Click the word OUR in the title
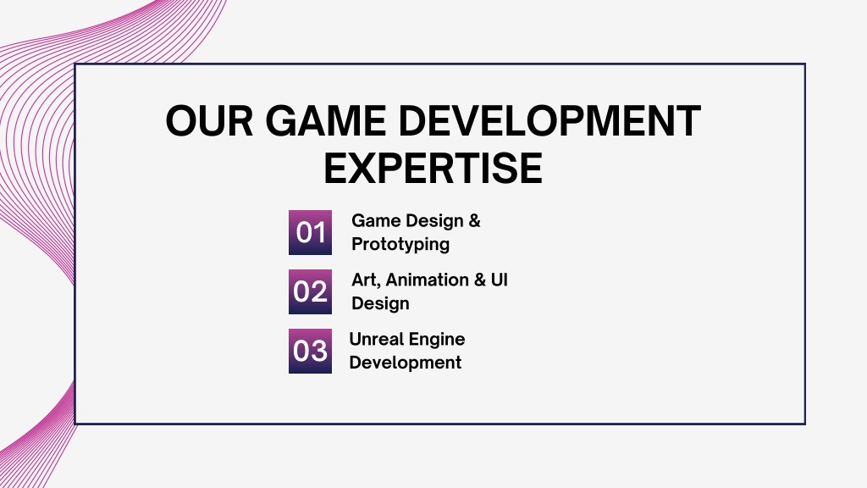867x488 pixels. click(210, 120)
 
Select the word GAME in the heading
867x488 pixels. click(326, 120)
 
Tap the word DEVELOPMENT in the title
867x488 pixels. click(549, 120)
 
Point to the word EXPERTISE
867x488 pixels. click(433, 169)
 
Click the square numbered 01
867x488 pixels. click(310, 232)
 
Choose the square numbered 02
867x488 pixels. click(310, 291)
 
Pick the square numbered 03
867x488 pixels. click(310, 351)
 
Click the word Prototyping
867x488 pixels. click(400, 245)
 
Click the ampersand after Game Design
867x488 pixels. click(474, 221)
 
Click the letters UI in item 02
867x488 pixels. click(500, 280)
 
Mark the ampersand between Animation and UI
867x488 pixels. click(479, 280)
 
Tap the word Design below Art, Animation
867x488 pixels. click(380, 304)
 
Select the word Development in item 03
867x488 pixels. click(406, 363)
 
